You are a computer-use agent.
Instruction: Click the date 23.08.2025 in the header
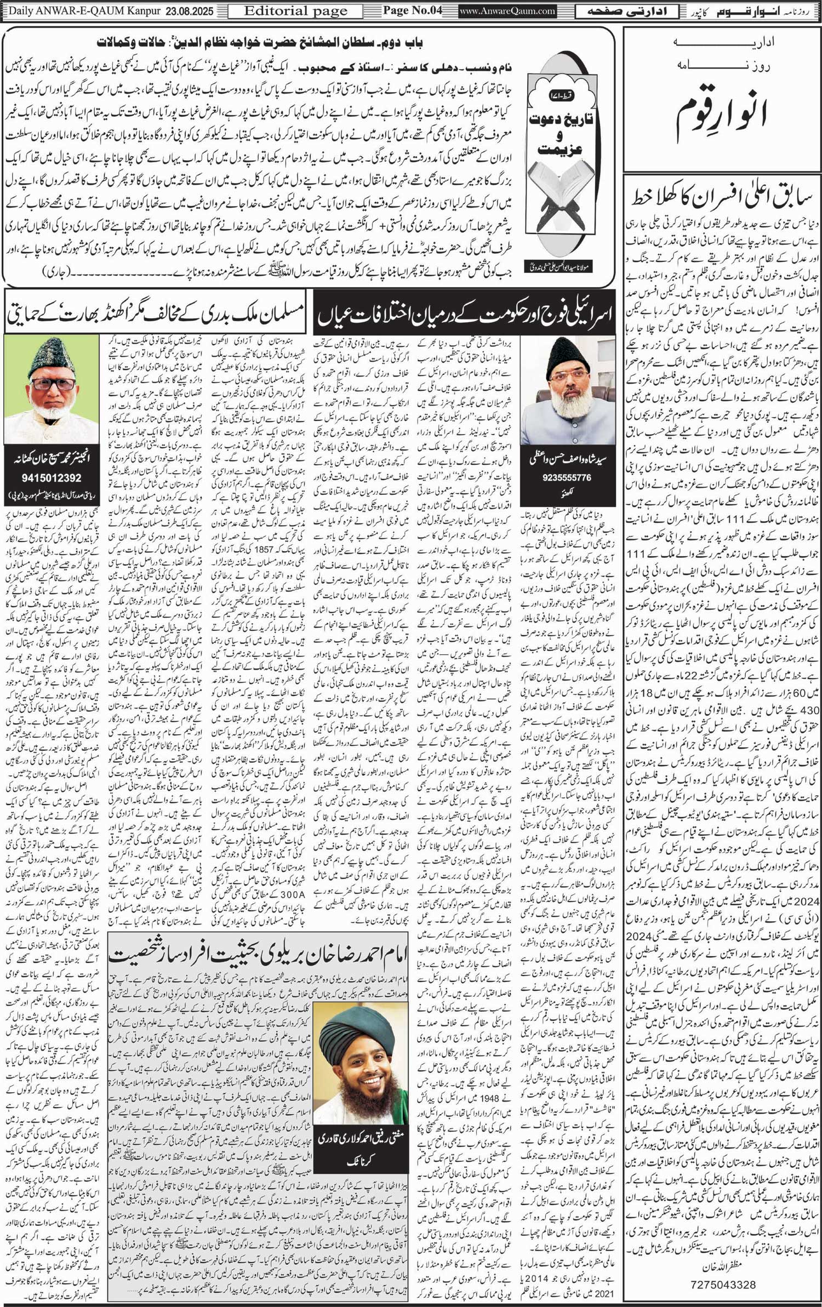coord(189,11)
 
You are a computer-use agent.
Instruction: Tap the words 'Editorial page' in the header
coord(295,11)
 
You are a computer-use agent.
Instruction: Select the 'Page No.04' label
coord(412,10)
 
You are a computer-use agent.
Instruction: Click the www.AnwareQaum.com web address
coord(507,11)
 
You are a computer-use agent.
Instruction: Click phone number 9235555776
coord(567,477)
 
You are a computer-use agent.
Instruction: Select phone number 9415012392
coord(52,478)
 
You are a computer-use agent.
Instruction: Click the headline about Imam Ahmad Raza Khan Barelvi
coord(258,955)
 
